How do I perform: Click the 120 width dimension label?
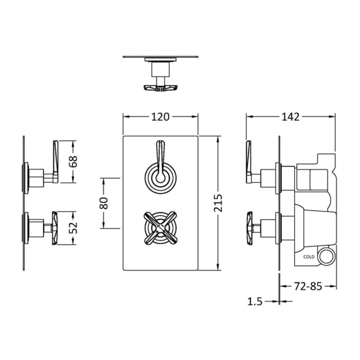click(x=161, y=117)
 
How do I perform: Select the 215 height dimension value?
click(x=218, y=203)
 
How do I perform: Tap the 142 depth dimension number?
click(x=290, y=117)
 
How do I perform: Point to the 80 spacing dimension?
click(x=104, y=203)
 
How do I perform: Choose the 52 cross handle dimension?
click(x=74, y=228)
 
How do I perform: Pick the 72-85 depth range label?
click(x=308, y=286)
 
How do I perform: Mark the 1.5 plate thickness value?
click(x=255, y=301)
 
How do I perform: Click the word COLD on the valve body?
click(x=309, y=256)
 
